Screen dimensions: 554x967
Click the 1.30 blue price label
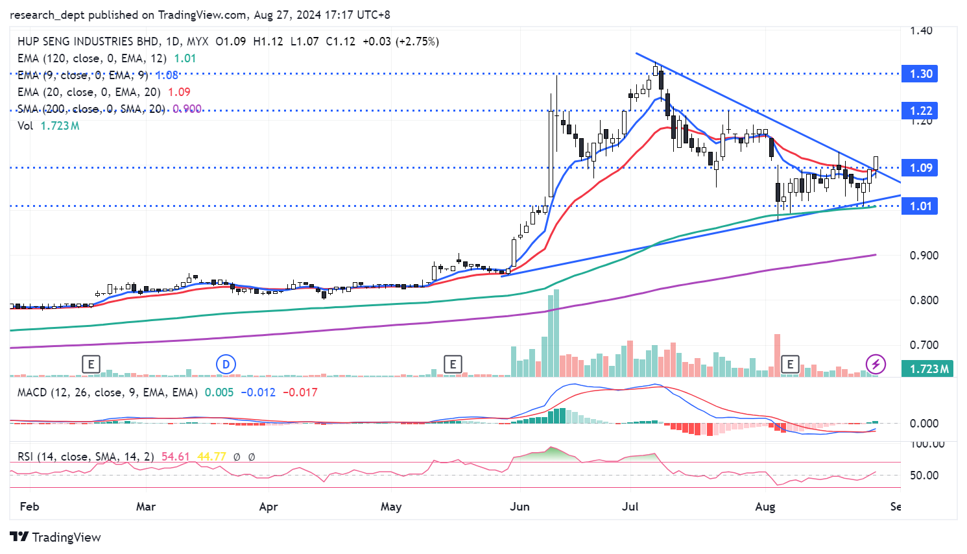[920, 74]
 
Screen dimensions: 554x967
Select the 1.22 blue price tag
[920, 111]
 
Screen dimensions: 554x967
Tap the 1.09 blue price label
[920, 168]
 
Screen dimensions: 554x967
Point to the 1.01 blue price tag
[920, 206]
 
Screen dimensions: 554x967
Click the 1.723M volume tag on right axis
[929, 369]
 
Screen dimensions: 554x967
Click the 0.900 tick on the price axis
[924, 256]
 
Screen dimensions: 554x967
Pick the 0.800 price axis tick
[924, 300]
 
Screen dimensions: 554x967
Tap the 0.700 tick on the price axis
[924, 345]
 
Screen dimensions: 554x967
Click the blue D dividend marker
[226, 365]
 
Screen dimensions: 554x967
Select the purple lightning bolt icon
[876, 364]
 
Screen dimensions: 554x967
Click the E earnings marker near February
[91, 365]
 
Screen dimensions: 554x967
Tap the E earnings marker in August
[790, 365]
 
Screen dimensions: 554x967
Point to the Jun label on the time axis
[519, 507]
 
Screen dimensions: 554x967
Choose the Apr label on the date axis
[269, 507]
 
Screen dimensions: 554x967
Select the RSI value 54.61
[175, 457]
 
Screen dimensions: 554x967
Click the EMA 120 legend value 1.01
[185, 58]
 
